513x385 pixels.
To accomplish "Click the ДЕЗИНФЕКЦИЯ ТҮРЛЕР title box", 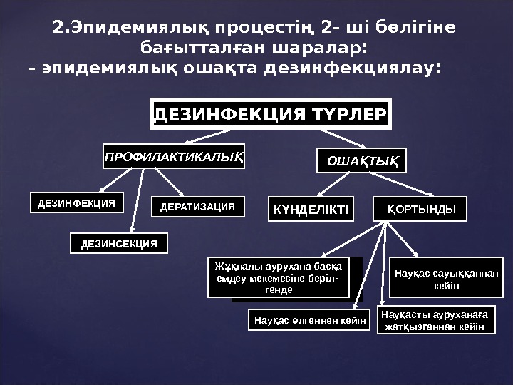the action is click(271, 114).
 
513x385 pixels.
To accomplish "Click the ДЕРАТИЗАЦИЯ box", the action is click(198, 207).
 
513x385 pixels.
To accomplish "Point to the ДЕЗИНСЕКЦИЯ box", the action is click(119, 243).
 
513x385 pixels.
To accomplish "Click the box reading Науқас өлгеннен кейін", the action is click(310, 320).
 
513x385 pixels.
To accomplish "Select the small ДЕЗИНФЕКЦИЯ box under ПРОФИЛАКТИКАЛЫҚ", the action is click(76, 203).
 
